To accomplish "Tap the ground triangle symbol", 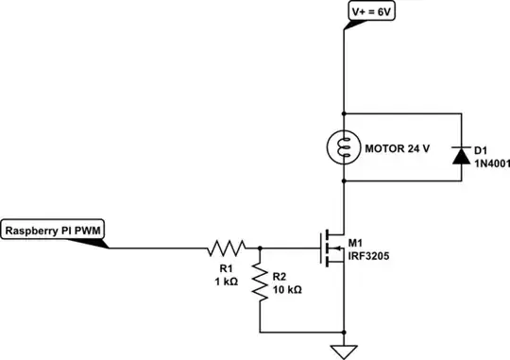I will pos(344,351).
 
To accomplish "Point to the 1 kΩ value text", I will pos(226,281).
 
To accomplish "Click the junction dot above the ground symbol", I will pos(344,332).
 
